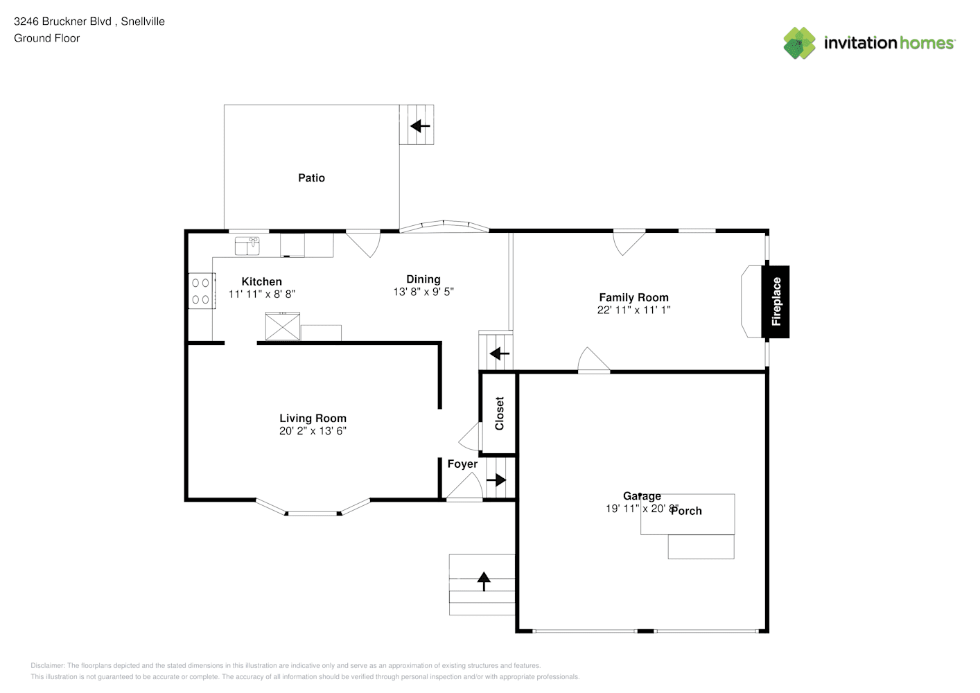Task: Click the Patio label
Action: pos(311,178)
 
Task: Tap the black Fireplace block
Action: pos(776,302)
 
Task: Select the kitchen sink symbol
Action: pos(247,245)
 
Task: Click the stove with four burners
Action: pos(201,291)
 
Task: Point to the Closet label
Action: pos(499,414)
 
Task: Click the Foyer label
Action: pos(462,464)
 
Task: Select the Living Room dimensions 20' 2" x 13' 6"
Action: pos(313,431)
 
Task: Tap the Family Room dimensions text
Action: pos(633,310)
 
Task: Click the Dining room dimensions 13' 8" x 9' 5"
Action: pos(423,292)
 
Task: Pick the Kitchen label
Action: pos(261,281)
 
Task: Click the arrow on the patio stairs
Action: pos(420,126)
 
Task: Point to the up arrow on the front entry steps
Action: pos(483,581)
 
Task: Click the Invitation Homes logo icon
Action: pos(799,43)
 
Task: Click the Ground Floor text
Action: pos(46,38)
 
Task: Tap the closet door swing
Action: pos(471,437)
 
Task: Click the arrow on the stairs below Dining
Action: pos(499,354)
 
